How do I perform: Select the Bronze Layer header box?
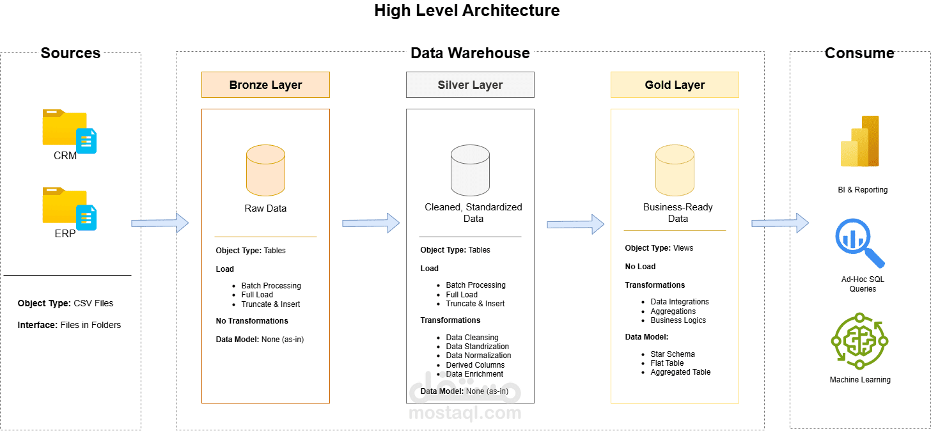pyautogui.click(x=265, y=84)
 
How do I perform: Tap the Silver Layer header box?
pyautogui.click(x=470, y=84)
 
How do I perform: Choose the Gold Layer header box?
pyautogui.click(x=675, y=84)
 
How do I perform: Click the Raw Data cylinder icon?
pyautogui.click(x=265, y=171)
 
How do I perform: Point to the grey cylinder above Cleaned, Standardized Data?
pyautogui.click(x=470, y=171)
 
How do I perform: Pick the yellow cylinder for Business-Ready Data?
pyautogui.click(x=675, y=171)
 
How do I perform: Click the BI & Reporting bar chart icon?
pyautogui.click(x=860, y=142)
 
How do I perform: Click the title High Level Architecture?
pyautogui.click(x=467, y=10)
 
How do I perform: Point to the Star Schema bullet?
pyautogui.click(x=672, y=354)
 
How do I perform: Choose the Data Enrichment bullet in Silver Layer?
pyautogui.click(x=474, y=374)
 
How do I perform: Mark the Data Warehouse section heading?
pyautogui.click(x=470, y=53)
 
